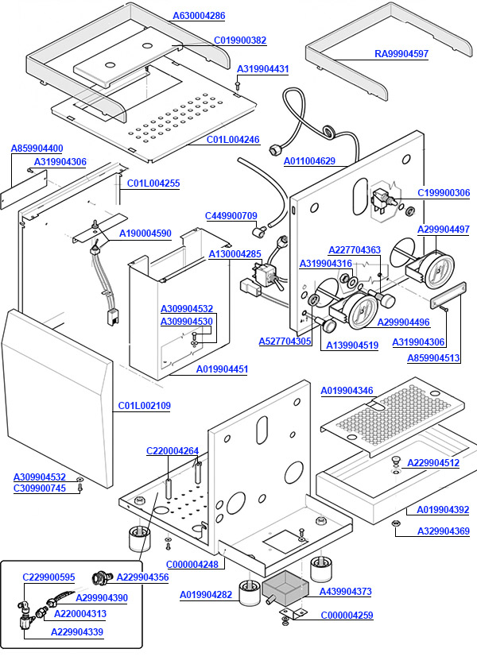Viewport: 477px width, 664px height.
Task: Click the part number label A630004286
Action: click(199, 16)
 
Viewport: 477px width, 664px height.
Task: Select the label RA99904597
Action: click(401, 54)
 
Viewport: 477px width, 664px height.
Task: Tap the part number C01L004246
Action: click(233, 140)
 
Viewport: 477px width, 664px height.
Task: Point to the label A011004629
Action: click(309, 161)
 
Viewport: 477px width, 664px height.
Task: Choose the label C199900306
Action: click(444, 193)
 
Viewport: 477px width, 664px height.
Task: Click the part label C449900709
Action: click(231, 216)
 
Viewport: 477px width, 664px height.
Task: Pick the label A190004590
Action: click(145, 234)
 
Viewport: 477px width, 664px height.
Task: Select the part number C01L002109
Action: click(145, 406)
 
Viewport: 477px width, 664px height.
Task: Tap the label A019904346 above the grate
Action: click(347, 391)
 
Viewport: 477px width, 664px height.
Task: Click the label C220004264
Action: click(173, 451)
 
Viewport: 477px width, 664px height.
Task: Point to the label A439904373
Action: click(345, 592)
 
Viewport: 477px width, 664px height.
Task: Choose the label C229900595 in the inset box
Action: click(48, 577)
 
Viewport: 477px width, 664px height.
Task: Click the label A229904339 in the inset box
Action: click(77, 632)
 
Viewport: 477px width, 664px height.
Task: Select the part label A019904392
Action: click(443, 510)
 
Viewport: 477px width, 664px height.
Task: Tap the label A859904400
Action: click(37, 149)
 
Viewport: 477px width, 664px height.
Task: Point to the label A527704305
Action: click(285, 342)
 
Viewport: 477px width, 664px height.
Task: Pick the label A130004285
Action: click(235, 254)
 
